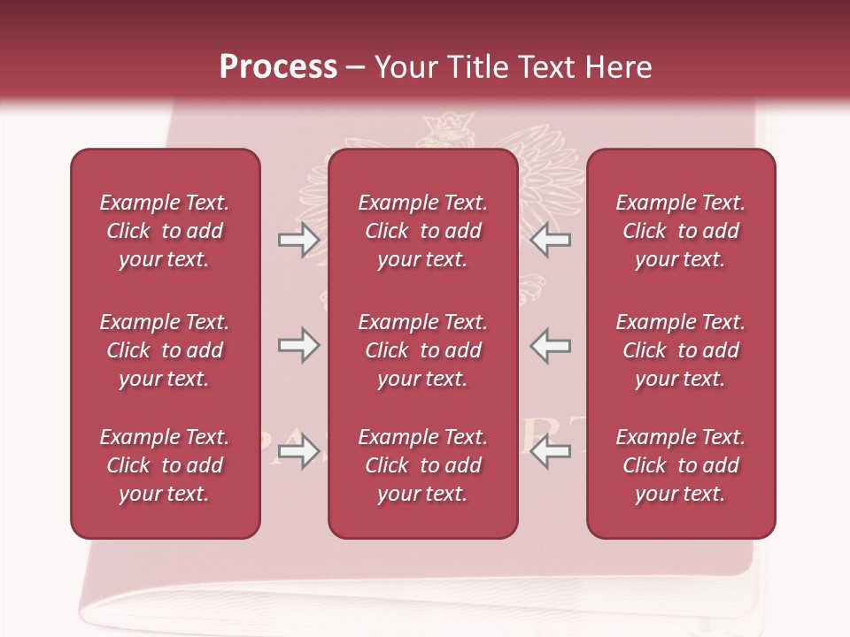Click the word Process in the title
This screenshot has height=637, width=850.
point(278,67)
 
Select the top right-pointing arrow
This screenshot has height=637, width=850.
point(298,240)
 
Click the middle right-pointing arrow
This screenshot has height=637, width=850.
point(298,345)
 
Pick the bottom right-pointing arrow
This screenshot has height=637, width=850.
point(298,452)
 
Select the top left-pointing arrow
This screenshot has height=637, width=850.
point(550,240)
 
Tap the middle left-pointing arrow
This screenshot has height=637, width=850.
point(550,345)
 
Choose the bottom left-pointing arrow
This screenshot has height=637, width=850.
point(550,452)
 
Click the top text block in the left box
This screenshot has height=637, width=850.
point(165,231)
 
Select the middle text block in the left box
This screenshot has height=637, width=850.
point(165,350)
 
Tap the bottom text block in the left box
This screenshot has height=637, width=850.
point(165,465)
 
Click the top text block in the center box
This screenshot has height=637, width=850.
point(422,231)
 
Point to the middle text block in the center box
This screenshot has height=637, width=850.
point(422,350)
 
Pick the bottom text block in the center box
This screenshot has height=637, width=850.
point(422,465)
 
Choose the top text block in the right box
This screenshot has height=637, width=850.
point(680,231)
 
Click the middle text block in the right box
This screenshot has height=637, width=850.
point(680,350)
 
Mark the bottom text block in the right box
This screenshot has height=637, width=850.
point(680,465)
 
